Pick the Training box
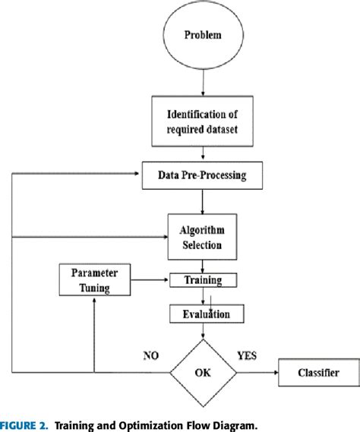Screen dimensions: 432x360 tap(202, 280)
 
